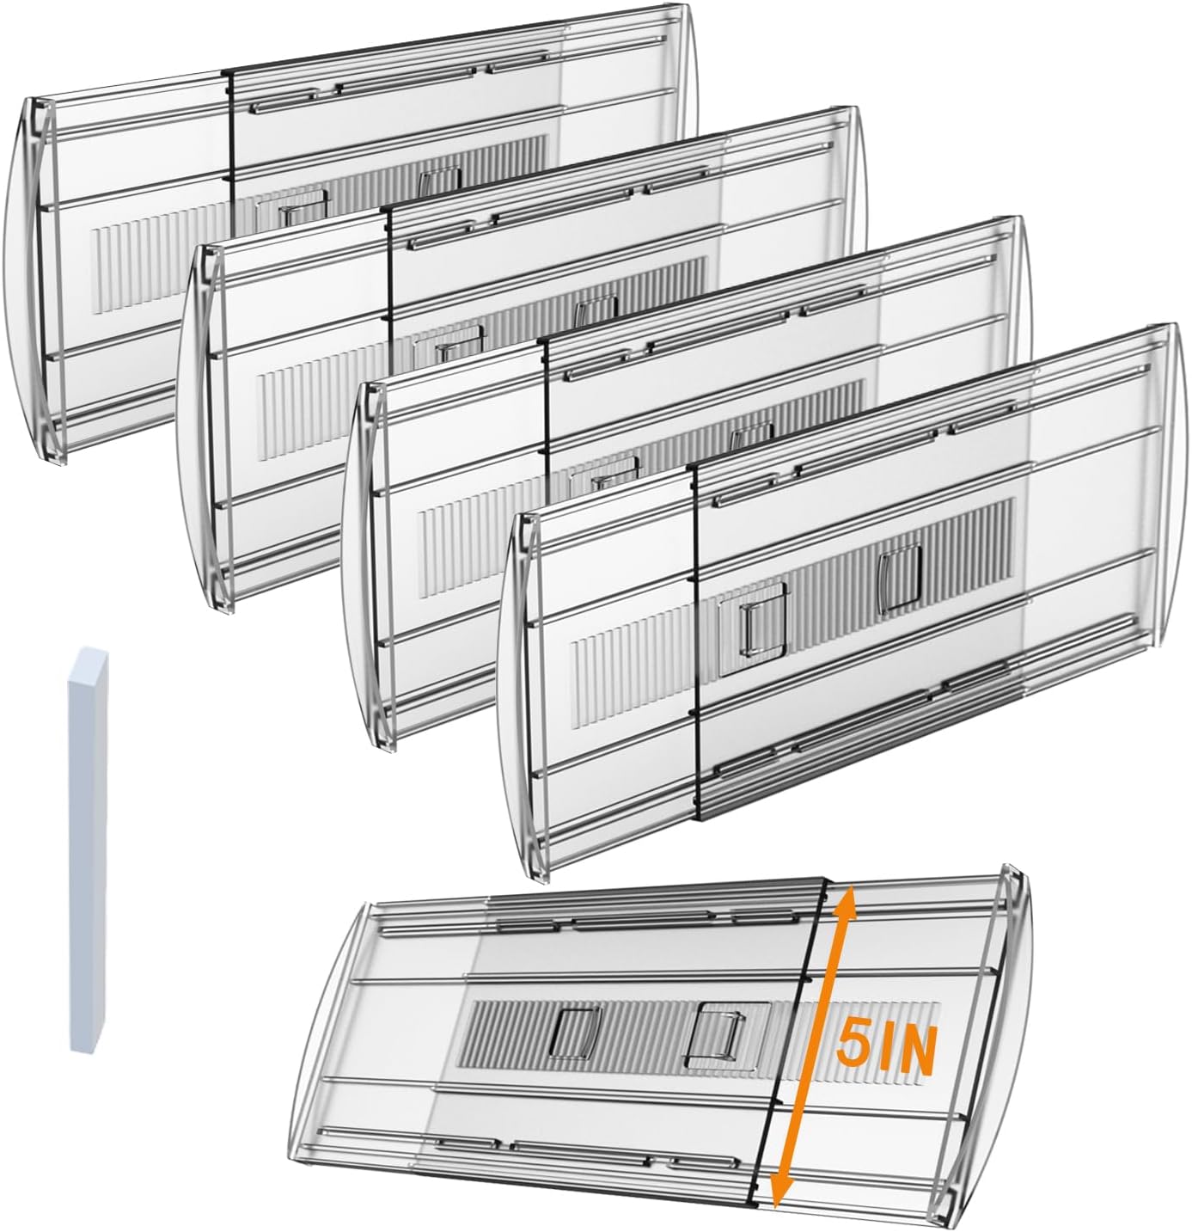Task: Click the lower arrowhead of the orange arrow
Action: coord(779,1196)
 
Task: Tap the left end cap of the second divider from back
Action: coord(203,421)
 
